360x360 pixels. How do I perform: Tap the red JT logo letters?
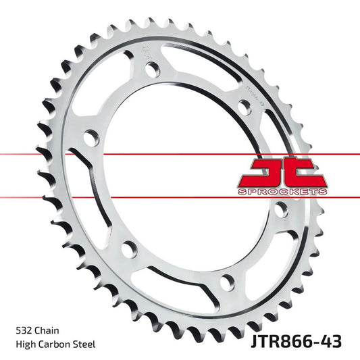click(x=282, y=174)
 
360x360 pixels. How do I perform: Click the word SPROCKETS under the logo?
click(x=282, y=192)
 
